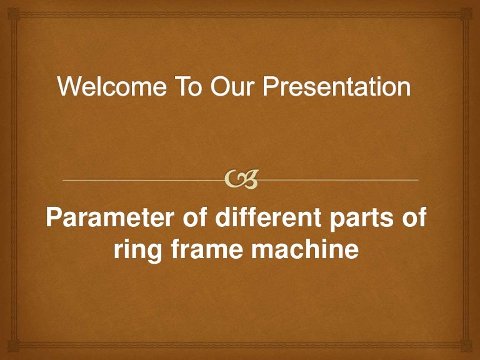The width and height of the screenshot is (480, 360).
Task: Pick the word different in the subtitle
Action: click(x=269, y=221)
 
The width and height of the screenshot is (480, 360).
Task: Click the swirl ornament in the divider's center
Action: click(x=241, y=181)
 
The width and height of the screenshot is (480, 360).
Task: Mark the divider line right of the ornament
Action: click(x=337, y=180)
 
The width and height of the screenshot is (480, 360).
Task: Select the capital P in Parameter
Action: click(x=56, y=221)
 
